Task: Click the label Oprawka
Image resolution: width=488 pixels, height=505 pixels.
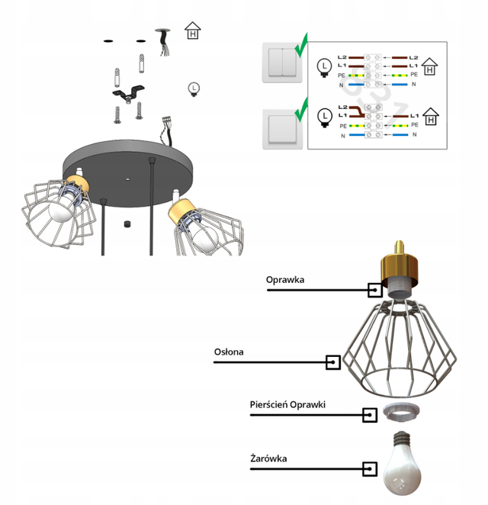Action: pos(285,279)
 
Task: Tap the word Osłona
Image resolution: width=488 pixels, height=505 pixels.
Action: pos(229,352)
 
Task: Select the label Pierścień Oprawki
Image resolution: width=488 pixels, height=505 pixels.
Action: pos(287,404)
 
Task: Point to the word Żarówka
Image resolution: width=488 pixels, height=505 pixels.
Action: pos(268,458)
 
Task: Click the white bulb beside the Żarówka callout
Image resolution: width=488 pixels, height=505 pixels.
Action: pos(402,465)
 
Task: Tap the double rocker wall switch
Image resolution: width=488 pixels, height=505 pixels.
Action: pos(282,63)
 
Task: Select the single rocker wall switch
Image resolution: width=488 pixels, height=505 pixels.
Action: pos(282,129)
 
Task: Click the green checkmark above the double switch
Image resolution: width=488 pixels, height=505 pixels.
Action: pos(301,46)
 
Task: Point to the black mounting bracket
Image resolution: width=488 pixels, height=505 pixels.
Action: pos(128,93)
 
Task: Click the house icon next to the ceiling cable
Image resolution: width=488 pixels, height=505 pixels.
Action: pos(192,31)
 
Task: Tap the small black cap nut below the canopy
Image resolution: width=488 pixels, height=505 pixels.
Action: pos(128,224)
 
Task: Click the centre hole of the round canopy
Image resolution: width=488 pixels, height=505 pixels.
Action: pos(128,179)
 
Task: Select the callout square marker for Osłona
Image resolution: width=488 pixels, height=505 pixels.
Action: pos(333,362)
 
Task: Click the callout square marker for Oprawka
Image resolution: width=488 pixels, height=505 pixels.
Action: pos(375,290)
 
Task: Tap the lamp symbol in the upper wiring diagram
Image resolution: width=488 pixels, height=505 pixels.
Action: pos(324,68)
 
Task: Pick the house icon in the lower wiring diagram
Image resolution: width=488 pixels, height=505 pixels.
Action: pos(430,117)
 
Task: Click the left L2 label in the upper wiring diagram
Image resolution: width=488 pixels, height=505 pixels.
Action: pos(342,57)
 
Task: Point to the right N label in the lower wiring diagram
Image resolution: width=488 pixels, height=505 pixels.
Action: pos(414,134)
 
